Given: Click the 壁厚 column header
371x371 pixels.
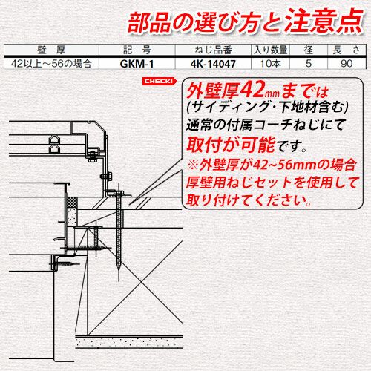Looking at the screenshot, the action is click(51, 50).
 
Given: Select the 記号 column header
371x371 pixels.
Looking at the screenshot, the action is click(137, 50).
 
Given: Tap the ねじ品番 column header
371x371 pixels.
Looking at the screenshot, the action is click(213, 50).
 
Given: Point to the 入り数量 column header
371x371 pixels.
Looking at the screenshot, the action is click(270, 50).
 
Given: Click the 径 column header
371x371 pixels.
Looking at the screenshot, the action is click(309, 50).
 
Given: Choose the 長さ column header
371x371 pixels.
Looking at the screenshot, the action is click(347, 50).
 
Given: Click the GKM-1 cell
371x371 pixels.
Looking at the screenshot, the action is click(137, 64).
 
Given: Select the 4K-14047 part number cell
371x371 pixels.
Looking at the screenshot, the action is click(213, 64).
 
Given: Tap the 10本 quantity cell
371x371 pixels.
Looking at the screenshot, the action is click(270, 64).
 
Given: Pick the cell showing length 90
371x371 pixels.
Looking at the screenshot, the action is click(347, 64).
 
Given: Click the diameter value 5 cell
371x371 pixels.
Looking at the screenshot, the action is click(309, 64).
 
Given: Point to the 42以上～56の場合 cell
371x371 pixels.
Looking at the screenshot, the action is click(51, 64).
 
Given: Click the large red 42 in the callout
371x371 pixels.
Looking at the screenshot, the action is click(252, 90).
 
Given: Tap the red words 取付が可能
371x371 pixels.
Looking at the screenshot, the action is click(231, 144).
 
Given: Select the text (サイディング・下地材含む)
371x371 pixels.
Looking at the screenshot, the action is click(268, 107).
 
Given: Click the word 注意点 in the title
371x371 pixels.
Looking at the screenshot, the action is click(324, 21).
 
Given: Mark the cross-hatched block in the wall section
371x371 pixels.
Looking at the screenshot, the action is click(73, 203).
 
